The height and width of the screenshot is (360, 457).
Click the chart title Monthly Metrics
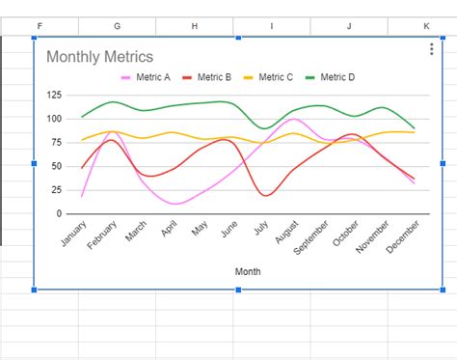tap(99, 57)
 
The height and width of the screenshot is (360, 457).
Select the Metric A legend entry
tap(147, 77)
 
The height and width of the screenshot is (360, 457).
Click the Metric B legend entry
tap(208, 77)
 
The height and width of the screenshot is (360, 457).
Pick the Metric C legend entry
tap(271, 77)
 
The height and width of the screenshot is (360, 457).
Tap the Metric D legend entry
tap(332, 77)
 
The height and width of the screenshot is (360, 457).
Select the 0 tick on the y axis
tap(59, 213)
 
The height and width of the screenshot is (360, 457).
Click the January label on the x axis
tap(73, 235)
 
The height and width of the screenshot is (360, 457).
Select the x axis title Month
tap(248, 271)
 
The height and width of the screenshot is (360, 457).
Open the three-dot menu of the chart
tap(431, 50)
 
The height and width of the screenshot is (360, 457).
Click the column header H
tap(194, 25)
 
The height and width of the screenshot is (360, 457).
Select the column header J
tap(348, 25)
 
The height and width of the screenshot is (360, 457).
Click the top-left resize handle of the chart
tap(35, 38)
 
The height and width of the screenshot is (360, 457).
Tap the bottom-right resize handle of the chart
tap(443, 289)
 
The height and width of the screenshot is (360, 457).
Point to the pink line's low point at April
tap(175, 204)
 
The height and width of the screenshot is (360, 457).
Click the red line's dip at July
tap(265, 195)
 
